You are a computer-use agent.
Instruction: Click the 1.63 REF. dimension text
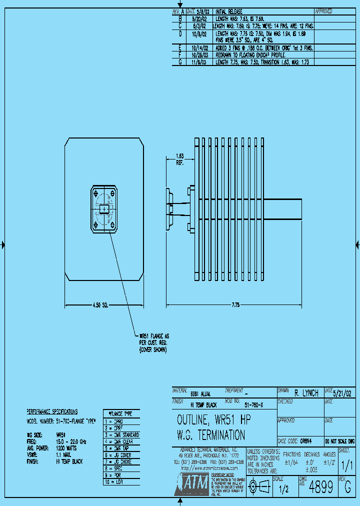click(x=179, y=159)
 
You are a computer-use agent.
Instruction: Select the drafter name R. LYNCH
click(x=306, y=393)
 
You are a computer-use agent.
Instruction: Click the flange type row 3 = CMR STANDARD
click(x=121, y=435)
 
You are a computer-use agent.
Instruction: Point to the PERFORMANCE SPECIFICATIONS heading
click(x=52, y=411)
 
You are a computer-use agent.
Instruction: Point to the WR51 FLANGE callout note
click(x=153, y=342)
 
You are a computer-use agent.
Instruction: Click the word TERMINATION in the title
click(x=218, y=434)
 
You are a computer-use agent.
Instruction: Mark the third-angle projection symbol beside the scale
click(x=259, y=486)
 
